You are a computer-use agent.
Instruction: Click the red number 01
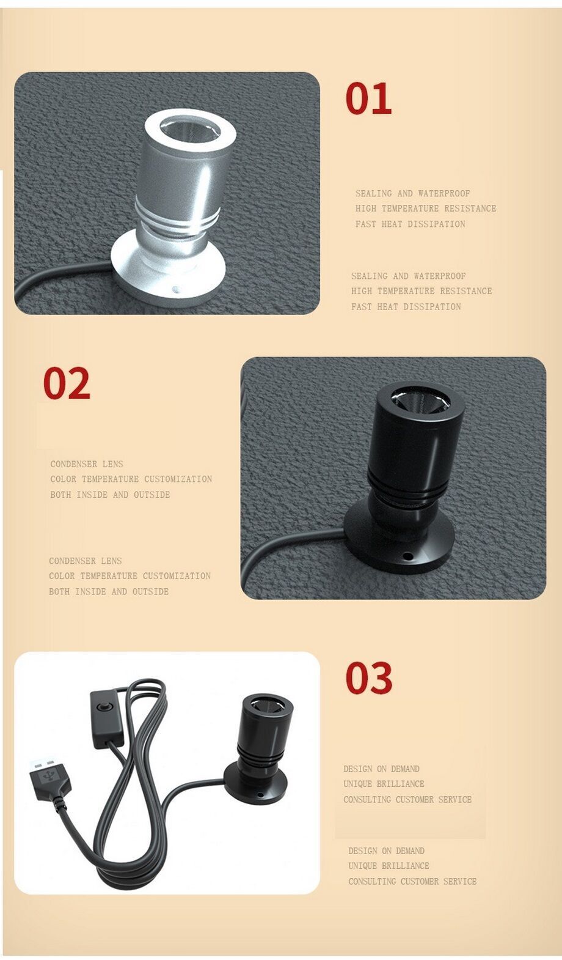368,98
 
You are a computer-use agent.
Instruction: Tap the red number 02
67,383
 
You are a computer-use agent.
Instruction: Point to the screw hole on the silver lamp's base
175,290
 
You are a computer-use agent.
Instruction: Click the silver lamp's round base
168,271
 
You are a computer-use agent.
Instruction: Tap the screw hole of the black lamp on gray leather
407,556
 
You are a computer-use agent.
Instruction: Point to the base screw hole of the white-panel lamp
260,795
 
